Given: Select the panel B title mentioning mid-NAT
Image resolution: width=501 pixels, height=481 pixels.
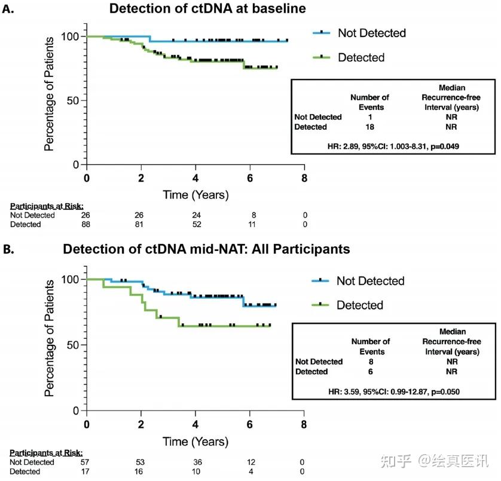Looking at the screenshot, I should [x=206, y=249].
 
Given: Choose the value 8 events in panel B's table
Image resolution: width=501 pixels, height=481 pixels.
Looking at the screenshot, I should [x=370, y=361].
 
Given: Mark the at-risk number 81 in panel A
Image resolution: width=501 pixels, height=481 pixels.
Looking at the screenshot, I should [x=142, y=225].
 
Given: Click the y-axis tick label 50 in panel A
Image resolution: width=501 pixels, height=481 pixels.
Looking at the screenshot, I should [x=71, y=100].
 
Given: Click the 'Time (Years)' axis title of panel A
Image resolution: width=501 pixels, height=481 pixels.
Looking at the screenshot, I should [x=196, y=195].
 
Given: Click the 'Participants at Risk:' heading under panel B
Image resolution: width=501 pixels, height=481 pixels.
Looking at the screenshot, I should [x=46, y=453].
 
